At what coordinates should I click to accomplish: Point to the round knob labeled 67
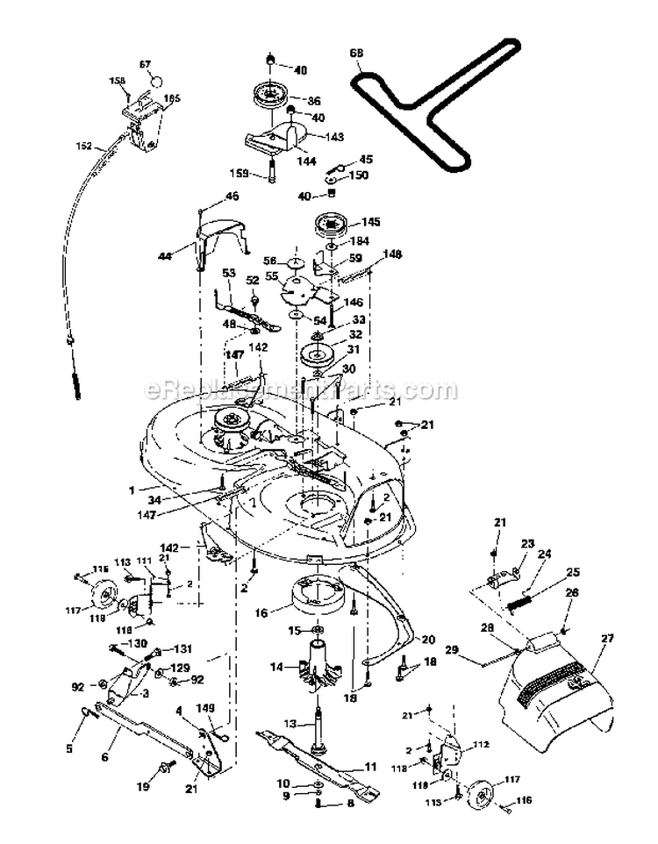[x=156, y=78]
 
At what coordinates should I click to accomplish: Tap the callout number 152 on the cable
[x=83, y=147]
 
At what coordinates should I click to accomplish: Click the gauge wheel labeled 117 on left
[x=102, y=598]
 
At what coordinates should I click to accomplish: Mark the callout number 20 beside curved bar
[x=428, y=640]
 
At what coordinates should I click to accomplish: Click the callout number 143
[x=335, y=137]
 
